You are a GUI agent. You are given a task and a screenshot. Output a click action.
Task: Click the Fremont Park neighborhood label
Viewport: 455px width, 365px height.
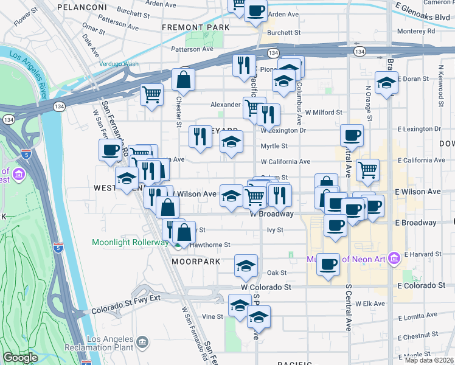pos(196,27)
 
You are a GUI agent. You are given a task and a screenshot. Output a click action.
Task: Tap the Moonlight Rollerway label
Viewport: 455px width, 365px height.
pos(130,242)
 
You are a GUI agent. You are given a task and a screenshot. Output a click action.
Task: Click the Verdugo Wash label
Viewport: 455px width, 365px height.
pos(119,64)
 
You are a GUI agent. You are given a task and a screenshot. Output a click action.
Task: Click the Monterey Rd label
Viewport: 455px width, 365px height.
pos(415,30)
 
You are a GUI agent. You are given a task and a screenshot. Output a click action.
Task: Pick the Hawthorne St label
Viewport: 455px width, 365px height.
pos(210,245)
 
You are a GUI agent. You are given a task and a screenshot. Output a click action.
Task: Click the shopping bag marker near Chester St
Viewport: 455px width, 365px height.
pos(183,80)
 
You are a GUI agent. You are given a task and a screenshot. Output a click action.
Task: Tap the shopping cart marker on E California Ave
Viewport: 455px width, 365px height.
pos(367,171)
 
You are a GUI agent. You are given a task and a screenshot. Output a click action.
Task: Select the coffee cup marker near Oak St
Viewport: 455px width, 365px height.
pos(328,265)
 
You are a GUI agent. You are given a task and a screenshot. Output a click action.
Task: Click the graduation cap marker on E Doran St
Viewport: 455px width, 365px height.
pos(386,83)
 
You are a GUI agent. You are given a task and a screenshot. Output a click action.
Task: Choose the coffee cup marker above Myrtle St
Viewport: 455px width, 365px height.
pos(352,136)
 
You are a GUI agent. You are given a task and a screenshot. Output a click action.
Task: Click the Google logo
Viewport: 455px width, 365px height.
pos(20,358)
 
